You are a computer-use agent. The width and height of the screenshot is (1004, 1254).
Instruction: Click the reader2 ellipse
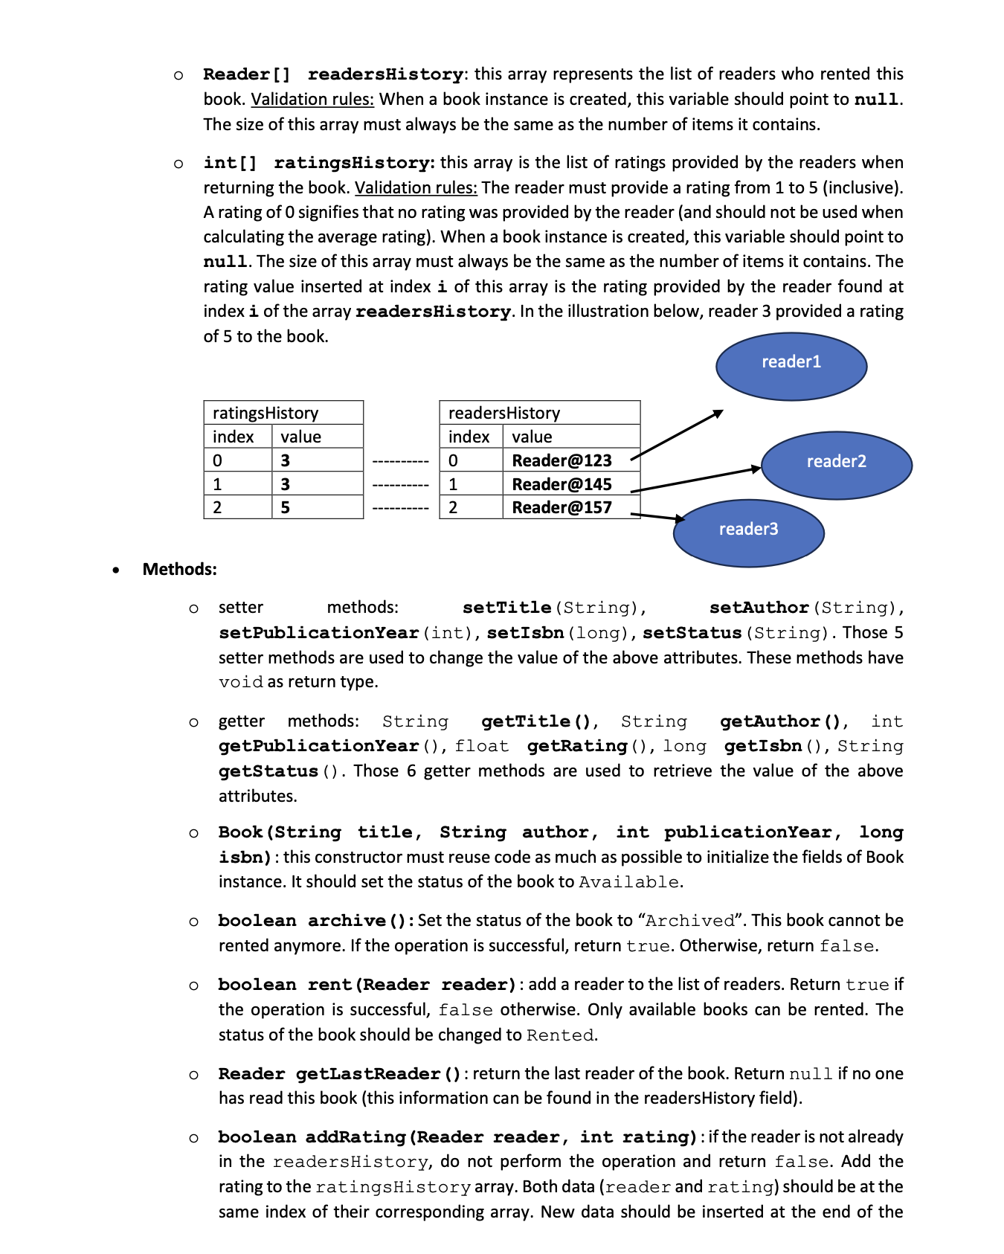coord(837,466)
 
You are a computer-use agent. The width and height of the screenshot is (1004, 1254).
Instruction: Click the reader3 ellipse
coord(748,533)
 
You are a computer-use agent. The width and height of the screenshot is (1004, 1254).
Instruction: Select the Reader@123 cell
coord(561,460)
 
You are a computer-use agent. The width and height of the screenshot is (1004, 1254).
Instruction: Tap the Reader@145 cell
coord(561,484)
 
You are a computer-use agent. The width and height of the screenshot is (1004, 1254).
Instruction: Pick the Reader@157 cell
coord(561,508)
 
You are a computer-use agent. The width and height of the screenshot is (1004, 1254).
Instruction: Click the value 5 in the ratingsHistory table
coord(286,508)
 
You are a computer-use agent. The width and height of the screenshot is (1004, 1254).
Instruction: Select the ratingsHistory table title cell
coord(283,413)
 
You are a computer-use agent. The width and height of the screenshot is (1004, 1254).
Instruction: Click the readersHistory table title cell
coord(539,413)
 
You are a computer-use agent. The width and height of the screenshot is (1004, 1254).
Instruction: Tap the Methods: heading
coord(179,570)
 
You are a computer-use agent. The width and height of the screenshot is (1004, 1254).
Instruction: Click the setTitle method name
coord(506,608)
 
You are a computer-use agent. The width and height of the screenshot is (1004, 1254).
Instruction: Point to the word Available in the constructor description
coord(628,882)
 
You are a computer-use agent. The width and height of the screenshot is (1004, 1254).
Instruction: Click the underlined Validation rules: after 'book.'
coord(312,100)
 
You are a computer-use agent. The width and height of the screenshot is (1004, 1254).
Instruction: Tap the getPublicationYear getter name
coord(318,746)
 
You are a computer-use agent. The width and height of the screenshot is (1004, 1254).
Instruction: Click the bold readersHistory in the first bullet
coord(385,74)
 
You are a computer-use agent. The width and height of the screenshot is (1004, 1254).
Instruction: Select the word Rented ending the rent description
coord(560,1035)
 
